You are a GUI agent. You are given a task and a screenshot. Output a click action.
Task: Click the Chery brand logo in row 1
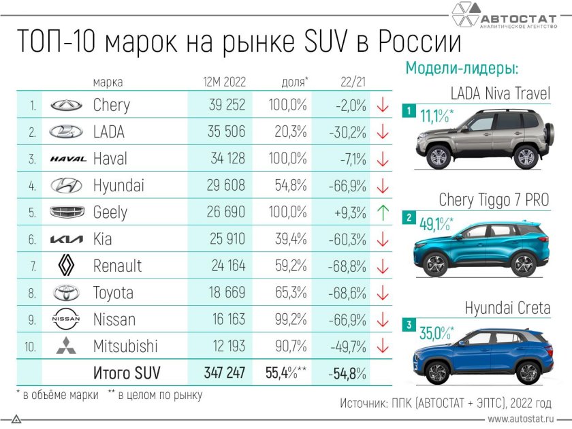[x=66, y=106]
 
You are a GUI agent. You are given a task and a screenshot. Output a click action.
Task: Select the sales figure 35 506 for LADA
[x=218, y=132]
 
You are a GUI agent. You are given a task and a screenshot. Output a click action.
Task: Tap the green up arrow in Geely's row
[x=383, y=212]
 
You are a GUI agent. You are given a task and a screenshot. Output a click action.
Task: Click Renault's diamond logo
[x=66, y=264]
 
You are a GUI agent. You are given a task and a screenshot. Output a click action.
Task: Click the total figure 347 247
[x=224, y=373]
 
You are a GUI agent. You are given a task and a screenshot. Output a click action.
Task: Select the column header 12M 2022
[x=224, y=82]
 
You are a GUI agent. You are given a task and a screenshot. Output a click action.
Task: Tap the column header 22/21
[x=351, y=82]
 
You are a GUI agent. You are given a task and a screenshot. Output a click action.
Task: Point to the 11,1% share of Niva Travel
[x=436, y=116]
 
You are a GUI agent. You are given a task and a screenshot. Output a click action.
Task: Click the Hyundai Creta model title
[x=507, y=308]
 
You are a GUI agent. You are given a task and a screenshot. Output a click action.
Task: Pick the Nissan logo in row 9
[x=66, y=319]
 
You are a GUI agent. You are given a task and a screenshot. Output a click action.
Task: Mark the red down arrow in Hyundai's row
[x=383, y=185]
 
